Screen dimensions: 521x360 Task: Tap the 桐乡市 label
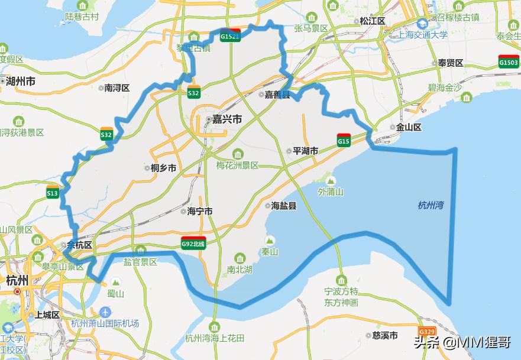(x=164, y=168)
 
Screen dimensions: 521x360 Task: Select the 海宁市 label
(x=199, y=212)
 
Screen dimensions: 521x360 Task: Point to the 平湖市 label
(x=306, y=151)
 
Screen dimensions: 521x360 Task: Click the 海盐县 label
(x=284, y=206)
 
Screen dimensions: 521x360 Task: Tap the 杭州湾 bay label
(x=431, y=205)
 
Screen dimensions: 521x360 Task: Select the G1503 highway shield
(x=509, y=61)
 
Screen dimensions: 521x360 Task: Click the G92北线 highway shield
(x=193, y=242)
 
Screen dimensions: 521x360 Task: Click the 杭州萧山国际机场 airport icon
(x=105, y=312)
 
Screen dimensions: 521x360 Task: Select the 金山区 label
(x=409, y=127)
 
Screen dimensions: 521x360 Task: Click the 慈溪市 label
(x=388, y=335)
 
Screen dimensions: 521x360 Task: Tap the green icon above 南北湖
(x=240, y=258)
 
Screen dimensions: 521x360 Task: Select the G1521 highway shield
(x=230, y=35)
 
